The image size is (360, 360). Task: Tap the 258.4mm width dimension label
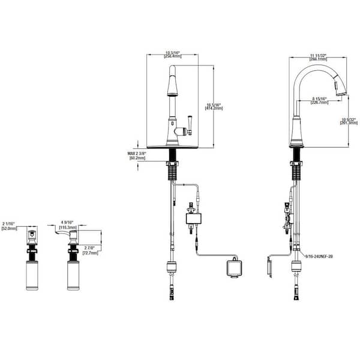173,55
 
